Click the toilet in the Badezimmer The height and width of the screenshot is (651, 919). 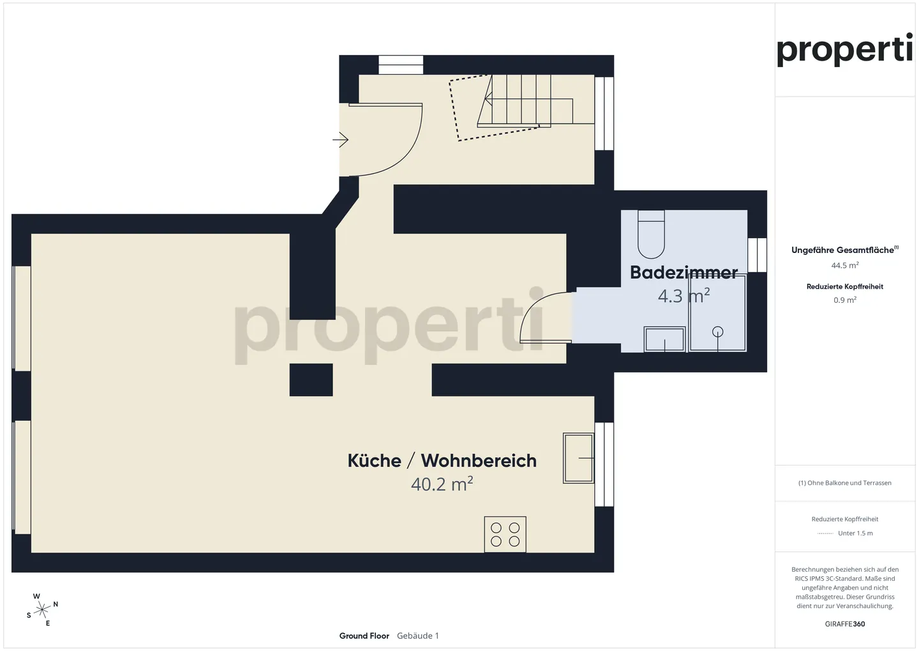tap(651, 235)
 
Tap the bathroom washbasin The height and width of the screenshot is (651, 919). tap(664, 339)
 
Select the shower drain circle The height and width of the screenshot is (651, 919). tap(718, 332)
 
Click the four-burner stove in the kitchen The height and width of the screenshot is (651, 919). tap(505, 534)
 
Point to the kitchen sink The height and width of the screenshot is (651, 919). tap(578, 458)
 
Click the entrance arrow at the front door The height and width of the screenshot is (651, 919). tap(341, 139)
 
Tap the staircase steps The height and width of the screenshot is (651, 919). tap(523, 100)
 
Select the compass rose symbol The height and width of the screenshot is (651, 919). tap(42, 609)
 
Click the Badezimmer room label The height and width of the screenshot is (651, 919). tap(684, 273)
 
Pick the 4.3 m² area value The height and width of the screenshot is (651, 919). tap(684, 296)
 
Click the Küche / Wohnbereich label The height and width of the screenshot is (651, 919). tap(442, 461)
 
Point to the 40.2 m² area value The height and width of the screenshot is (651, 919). tap(442, 484)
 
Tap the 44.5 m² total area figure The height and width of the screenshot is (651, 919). tap(844, 265)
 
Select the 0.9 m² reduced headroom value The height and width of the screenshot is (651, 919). tap(844, 300)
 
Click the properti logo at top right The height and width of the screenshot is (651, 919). tap(844, 50)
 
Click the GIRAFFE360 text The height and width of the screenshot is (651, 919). tap(844, 624)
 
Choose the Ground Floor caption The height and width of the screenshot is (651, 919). tap(364, 636)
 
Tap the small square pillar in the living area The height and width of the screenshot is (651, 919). tap(311, 380)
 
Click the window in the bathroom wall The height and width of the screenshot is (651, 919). tap(757, 255)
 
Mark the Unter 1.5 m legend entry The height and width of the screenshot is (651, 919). tap(855, 533)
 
